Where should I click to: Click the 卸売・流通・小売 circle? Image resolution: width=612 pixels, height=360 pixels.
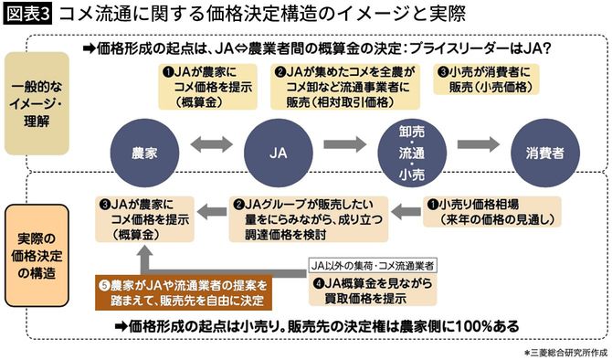pos(408,146)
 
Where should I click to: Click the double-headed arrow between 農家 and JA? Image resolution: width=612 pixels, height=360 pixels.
pos(207,146)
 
